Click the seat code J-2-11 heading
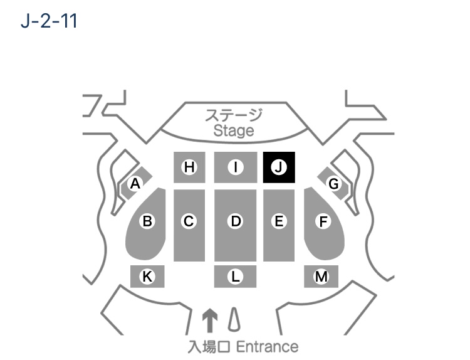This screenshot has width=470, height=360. (49, 21)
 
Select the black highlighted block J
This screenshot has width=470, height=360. (279, 167)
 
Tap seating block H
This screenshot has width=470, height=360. (189, 167)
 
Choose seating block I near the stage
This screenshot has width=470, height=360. (236, 167)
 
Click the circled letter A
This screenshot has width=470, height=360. (135, 183)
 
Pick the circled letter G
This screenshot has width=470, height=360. (333, 183)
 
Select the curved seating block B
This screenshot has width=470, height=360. (146, 223)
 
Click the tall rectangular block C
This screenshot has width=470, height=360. (189, 225)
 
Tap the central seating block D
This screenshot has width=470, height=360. (235, 225)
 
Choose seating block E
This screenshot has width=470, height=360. (279, 225)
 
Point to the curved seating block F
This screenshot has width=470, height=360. (323, 223)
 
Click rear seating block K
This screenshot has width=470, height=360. (147, 277)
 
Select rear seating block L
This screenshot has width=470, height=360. (235, 277)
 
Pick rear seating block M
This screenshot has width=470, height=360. (321, 277)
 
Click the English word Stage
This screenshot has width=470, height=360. (234, 131)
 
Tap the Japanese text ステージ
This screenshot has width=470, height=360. (234, 115)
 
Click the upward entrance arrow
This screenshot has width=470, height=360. (210, 320)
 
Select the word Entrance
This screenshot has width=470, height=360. (268, 347)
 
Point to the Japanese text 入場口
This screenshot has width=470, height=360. (209, 347)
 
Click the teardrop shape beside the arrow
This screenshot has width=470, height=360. (234, 320)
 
